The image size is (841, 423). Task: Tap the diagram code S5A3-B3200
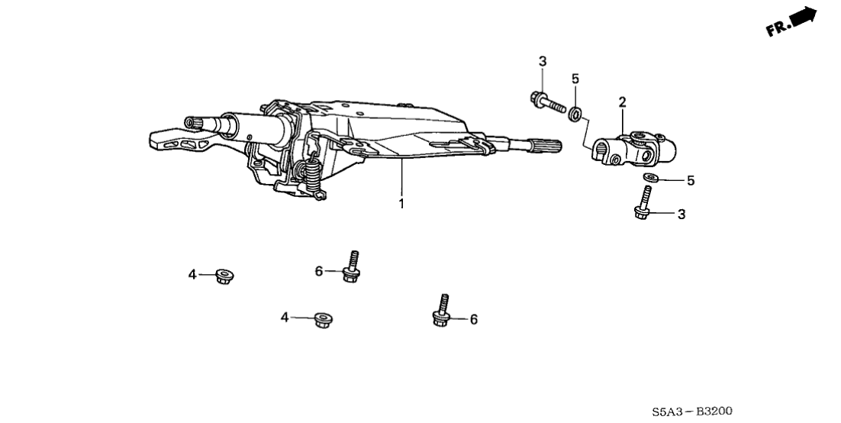pos(692,412)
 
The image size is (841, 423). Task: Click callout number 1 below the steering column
pos(401,204)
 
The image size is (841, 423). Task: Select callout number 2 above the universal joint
pos(622,102)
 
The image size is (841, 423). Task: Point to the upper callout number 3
pos(543,61)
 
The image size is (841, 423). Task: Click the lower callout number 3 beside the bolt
pos(681,215)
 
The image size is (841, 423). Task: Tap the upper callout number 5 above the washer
pos(575,79)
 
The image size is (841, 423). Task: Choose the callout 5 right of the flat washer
pos(691,181)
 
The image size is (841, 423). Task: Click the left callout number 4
pos(192,275)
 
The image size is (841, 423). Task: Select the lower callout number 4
pos(285,318)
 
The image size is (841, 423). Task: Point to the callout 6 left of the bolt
pos(319,272)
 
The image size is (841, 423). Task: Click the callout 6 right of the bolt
pos(474,319)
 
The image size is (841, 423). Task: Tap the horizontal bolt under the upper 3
pos(547,102)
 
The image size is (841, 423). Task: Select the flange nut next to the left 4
pos(224,276)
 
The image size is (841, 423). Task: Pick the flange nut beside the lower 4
pos(322,320)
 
